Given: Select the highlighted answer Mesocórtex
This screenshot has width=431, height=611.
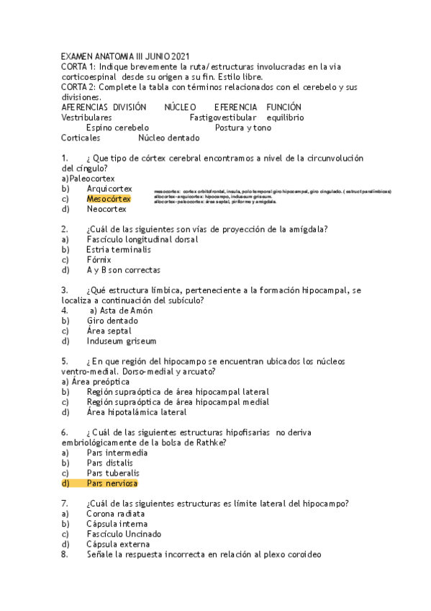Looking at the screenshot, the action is pos(109,199).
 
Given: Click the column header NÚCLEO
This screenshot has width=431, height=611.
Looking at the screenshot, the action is pos(180,107).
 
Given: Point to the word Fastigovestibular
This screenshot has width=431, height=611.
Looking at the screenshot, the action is pos(223,117).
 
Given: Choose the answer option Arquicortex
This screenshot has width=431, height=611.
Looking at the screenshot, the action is pos(109,188).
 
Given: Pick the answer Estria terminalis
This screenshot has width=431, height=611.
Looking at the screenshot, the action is pos(119,249).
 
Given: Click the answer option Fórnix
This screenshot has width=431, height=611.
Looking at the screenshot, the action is pos(99,259).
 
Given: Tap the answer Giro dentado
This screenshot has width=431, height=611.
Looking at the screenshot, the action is pos(109,321).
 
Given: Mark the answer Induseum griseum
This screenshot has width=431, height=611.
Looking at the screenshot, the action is pos(121,341).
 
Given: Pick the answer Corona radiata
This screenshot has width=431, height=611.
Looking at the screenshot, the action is pos(115,514).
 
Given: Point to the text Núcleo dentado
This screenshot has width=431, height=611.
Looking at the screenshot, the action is pos(168,137).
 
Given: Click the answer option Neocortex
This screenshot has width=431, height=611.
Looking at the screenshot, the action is pos(106,209).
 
